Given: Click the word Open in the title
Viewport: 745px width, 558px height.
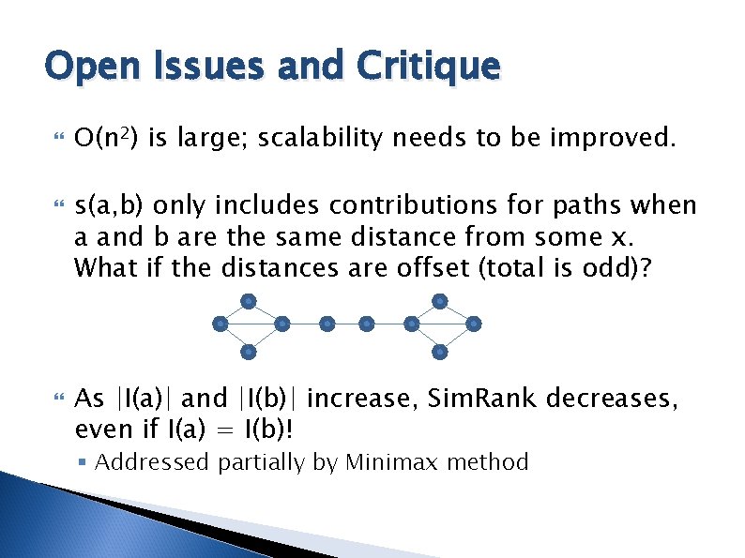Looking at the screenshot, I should tap(85, 67).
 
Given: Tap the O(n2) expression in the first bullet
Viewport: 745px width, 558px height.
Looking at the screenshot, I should tap(106, 140).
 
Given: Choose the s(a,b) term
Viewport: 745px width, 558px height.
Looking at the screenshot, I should tap(110, 205).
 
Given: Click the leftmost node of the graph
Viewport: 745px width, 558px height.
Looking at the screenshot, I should tap(219, 324).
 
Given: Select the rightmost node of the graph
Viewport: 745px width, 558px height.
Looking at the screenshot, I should tap(474, 324).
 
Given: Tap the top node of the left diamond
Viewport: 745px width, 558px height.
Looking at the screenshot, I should tap(249, 301).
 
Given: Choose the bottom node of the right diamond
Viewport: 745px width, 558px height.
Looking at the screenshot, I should tap(440, 352).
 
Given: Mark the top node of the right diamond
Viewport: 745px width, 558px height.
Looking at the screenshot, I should tap(440, 301).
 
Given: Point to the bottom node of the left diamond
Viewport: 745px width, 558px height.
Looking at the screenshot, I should tap(249, 352).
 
